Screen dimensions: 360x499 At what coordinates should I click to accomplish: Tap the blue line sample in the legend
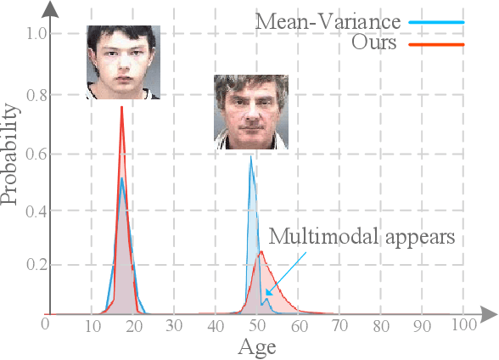[x=437, y=20]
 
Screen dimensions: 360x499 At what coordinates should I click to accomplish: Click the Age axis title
[x=256, y=346]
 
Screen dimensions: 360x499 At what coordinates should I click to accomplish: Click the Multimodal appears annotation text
[x=362, y=237]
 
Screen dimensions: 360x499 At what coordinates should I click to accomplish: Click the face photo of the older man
[x=250, y=111]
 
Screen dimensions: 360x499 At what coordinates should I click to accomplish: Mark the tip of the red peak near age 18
[x=122, y=107]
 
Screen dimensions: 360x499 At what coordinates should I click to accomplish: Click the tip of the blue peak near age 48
[x=249, y=157]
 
